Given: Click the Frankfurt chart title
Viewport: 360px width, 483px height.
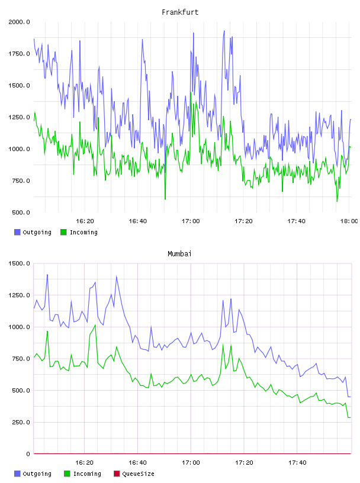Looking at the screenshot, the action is [180, 12].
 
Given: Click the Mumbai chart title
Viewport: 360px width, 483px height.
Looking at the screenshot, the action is [179, 254].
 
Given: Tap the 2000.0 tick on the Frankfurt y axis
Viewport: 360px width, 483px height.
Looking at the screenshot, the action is [19, 22].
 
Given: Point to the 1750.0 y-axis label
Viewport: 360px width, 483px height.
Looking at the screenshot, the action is [19, 54].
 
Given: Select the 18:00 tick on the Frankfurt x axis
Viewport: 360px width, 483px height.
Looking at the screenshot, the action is [349, 221].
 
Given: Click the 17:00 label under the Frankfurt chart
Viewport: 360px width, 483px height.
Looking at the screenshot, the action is [191, 221].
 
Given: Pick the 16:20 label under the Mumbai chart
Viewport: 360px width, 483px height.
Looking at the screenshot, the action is [85, 462].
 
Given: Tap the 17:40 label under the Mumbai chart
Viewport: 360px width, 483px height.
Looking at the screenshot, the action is [297, 462].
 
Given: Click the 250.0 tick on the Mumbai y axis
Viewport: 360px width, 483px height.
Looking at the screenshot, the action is [21, 422].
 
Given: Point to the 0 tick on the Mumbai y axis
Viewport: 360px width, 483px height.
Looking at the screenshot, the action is [28, 454].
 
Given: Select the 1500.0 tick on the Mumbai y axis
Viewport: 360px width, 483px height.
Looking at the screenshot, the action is [19, 263].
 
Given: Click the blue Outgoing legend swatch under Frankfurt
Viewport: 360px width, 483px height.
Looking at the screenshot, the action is [17, 232].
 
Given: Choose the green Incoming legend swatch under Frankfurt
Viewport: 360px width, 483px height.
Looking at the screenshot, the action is [63, 232].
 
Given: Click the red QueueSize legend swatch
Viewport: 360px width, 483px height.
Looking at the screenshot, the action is [117, 474].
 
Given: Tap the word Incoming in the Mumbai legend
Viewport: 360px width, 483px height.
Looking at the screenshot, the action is [87, 474].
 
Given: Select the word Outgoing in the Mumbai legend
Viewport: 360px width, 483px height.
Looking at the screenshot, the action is [37, 474].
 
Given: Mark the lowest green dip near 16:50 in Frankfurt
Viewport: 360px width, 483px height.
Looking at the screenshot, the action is [165, 199].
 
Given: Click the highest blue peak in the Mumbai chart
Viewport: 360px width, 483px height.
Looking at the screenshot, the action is [47, 275].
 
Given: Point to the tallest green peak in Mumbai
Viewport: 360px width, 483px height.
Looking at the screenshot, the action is [95, 325].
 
